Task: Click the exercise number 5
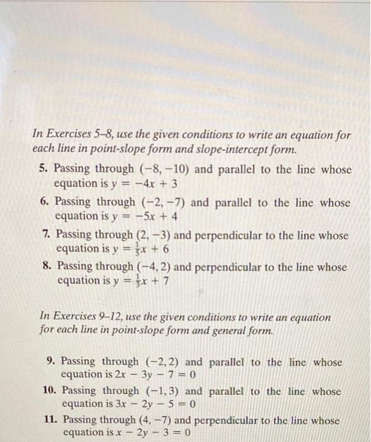coord(42,169)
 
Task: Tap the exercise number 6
coord(43,203)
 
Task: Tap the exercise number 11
coord(52,420)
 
